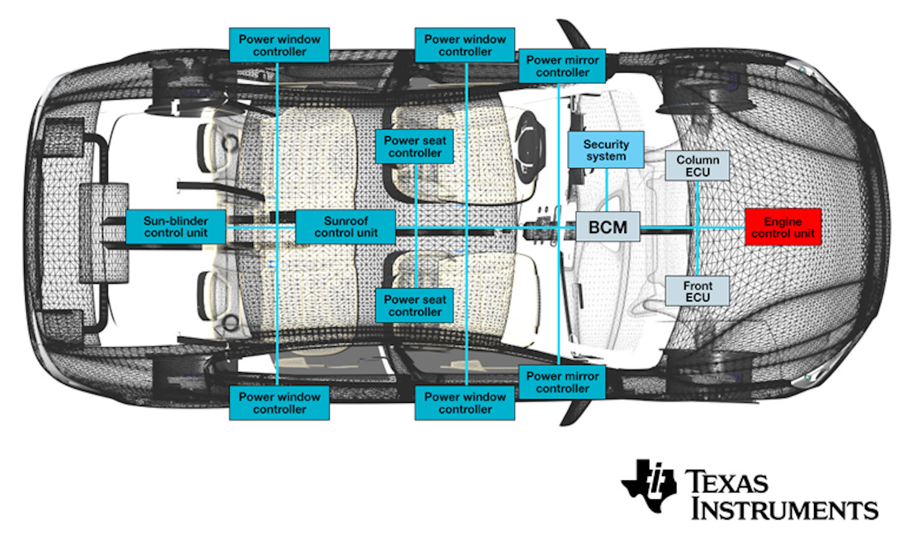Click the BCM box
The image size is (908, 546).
click(608, 227)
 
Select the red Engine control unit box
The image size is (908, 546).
click(783, 227)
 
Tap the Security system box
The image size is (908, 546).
click(605, 150)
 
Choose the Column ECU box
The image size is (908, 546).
click(697, 166)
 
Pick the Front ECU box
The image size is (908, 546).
click(697, 291)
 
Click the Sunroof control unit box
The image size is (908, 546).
click(346, 227)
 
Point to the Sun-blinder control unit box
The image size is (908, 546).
click(175, 227)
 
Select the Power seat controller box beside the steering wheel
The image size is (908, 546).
click(414, 147)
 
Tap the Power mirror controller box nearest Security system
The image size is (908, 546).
click(562, 66)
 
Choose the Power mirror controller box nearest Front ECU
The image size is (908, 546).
click(562, 382)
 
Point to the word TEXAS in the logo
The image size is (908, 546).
click(726, 483)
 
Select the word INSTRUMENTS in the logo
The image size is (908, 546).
click(784, 509)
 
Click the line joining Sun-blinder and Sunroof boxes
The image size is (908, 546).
click(260, 227)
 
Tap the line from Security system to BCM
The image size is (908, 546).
click(606, 189)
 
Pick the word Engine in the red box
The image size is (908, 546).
click(783, 221)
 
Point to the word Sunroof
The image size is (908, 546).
click(346, 221)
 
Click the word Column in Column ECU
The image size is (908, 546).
click(697, 160)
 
